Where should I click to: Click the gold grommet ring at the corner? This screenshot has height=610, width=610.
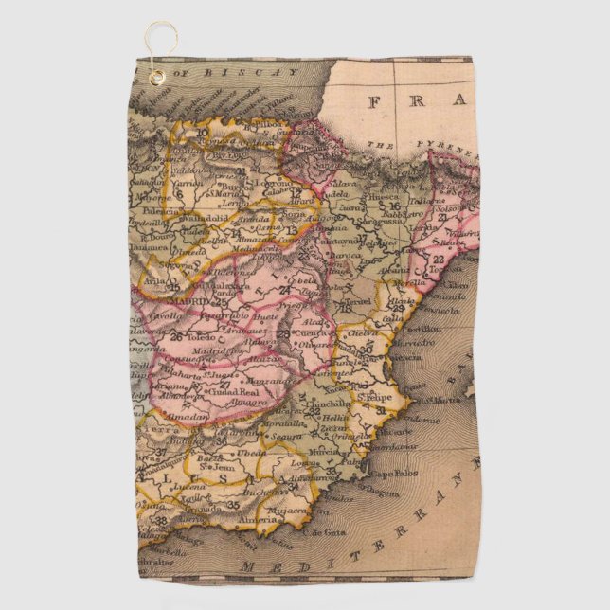click(x=155, y=77)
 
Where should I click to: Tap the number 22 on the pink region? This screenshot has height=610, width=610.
click(x=438, y=258)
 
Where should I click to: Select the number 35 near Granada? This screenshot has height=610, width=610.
click(x=233, y=505)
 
